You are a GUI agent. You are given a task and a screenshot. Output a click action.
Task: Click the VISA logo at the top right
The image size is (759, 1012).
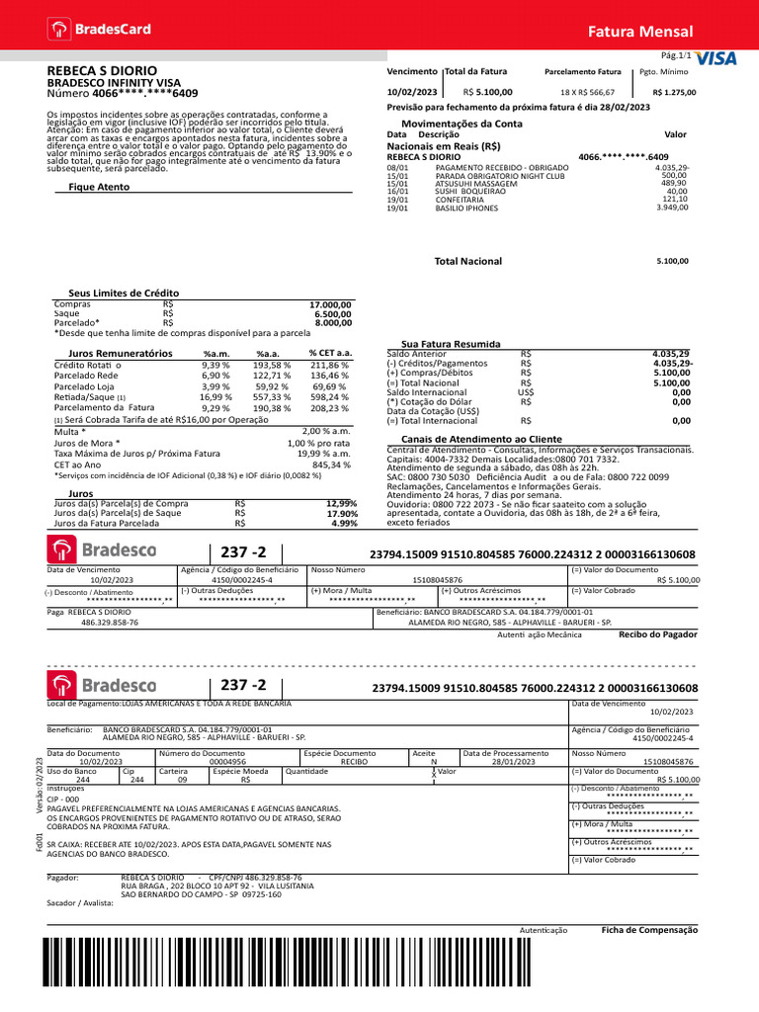(x=717, y=58)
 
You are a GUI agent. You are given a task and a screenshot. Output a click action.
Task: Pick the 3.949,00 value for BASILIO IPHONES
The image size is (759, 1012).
(x=672, y=208)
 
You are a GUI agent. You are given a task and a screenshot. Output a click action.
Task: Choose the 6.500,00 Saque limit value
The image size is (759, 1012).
(x=333, y=313)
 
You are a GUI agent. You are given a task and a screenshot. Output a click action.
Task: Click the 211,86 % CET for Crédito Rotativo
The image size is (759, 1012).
(x=330, y=365)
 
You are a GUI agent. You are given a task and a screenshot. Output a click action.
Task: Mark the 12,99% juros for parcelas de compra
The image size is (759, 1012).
(x=341, y=503)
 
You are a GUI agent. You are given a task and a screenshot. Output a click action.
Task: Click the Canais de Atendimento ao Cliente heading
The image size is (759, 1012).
(x=481, y=438)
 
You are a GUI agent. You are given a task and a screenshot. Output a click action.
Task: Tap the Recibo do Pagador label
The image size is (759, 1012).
(x=657, y=635)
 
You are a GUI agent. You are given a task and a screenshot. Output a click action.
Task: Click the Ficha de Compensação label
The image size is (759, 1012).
(x=649, y=930)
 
